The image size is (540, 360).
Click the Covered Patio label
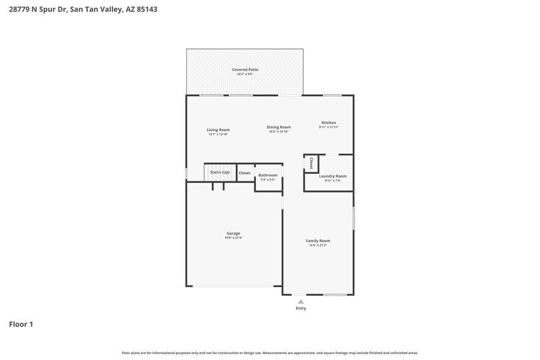click(x=245, y=70)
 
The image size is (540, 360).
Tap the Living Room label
click(x=218, y=130)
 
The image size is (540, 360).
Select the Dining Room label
click(x=279, y=127)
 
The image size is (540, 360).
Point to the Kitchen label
click(x=329, y=122)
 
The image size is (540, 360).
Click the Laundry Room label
click(x=332, y=176)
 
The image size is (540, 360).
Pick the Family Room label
click(x=318, y=241)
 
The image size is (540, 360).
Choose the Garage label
click(x=233, y=233)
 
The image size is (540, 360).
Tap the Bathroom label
click(x=268, y=175)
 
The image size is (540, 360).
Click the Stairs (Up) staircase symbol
click(x=220, y=173)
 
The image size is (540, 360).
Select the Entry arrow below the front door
click(x=301, y=301)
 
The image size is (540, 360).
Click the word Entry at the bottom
click(x=301, y=308)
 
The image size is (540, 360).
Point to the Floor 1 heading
click(x=21, y=324)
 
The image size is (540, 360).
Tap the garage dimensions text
click(x=233, y=238)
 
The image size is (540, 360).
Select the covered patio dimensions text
click(x=245, y=74)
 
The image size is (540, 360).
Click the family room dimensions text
click(x=318, y=245)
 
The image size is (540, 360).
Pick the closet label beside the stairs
click(x=244, y=173)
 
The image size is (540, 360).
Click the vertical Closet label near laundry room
click(x=311, y=163)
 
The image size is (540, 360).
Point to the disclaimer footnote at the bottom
click(x=270, y=353)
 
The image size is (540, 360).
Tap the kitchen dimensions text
click(x=329, y=127)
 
